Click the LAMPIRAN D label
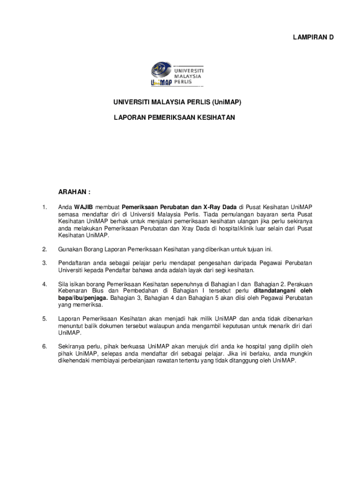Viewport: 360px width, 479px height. (313, 37)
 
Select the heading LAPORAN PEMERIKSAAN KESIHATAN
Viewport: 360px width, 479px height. (174, 118)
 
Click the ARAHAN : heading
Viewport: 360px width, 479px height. (74, 192)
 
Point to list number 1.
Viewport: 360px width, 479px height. (44, 207)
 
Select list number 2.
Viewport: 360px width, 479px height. (44, 249)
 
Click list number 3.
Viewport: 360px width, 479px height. (44, 263)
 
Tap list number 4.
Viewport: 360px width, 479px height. (44, 284)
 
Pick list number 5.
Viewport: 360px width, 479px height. (44, 319)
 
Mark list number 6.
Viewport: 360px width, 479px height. (44, 347)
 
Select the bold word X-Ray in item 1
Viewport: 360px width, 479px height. (212, 207)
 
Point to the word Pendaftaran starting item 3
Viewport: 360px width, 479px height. (75, 263)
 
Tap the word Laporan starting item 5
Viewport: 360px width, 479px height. (69, 319)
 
